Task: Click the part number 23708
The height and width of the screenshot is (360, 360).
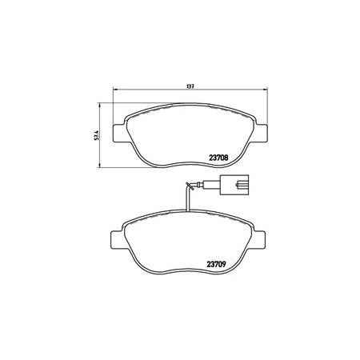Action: pyautogui.click(x=218, y=158)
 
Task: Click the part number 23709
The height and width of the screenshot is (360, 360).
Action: pyautogui.click(x=217, y=264)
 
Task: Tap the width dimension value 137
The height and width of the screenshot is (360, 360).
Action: pyautogui.click(x=190, y=86)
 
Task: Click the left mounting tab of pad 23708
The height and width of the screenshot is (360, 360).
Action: pyautogui.click(x=119, y=133)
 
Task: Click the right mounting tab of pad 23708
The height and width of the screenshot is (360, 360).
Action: pyautogui.click(x=261, y=133)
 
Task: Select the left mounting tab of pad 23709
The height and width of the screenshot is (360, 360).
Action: pyautogui.click(x=117, y=240)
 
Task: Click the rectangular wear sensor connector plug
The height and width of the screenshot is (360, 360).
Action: pyautogui.click(x=234, y=185)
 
